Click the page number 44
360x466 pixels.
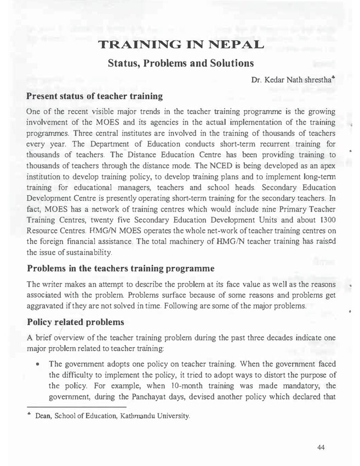point(322,448)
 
